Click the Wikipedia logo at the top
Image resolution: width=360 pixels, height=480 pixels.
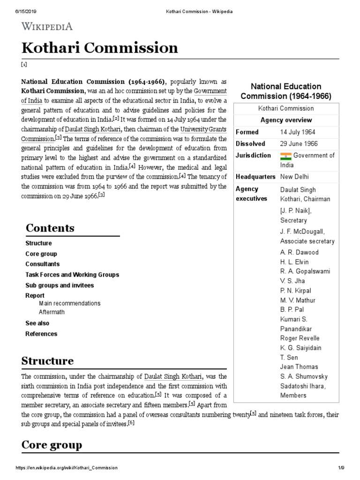[x=47, y=26]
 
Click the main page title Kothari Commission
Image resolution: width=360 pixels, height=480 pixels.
[x=99, y=48]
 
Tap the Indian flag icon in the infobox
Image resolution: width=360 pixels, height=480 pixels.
[x=285, y=155]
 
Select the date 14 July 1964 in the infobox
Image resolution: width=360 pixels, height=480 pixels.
[x=298, y=132]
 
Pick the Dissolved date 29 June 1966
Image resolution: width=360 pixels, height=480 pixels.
[x=299, y=144]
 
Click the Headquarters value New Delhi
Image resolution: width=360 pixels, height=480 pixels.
[x=294, y=177]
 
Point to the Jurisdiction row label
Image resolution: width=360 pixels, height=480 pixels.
[x=253, y=155]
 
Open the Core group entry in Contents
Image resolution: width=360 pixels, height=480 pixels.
[x=41, y=254]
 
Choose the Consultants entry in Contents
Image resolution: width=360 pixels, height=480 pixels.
[x=43, y=264]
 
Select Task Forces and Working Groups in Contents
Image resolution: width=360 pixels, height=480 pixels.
[x=72, y=275]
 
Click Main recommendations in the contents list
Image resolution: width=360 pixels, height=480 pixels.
[x=70, y=303]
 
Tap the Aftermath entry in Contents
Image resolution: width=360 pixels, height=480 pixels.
[x=52, y=312]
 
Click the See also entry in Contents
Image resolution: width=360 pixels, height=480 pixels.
[x=37, y=323]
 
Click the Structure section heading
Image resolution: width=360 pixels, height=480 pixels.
[x=47, y=361]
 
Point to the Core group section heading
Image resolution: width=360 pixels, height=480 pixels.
[x=52, y=444]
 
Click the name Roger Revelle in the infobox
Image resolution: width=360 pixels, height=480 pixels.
[x=300, y=338]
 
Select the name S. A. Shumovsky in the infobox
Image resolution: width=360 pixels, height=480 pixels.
[x=304, y=376]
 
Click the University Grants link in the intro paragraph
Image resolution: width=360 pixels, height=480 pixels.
[x=204, y=129]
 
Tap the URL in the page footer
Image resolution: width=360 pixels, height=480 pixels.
[x=67, y=468]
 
